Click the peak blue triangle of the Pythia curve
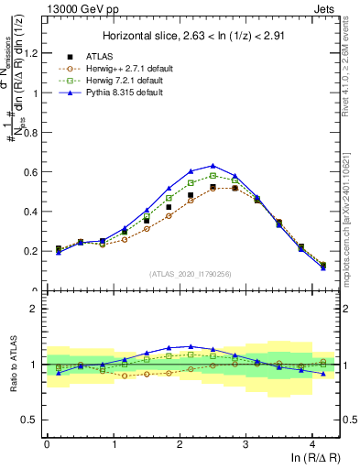pyautogui.click(x=213, y=166)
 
